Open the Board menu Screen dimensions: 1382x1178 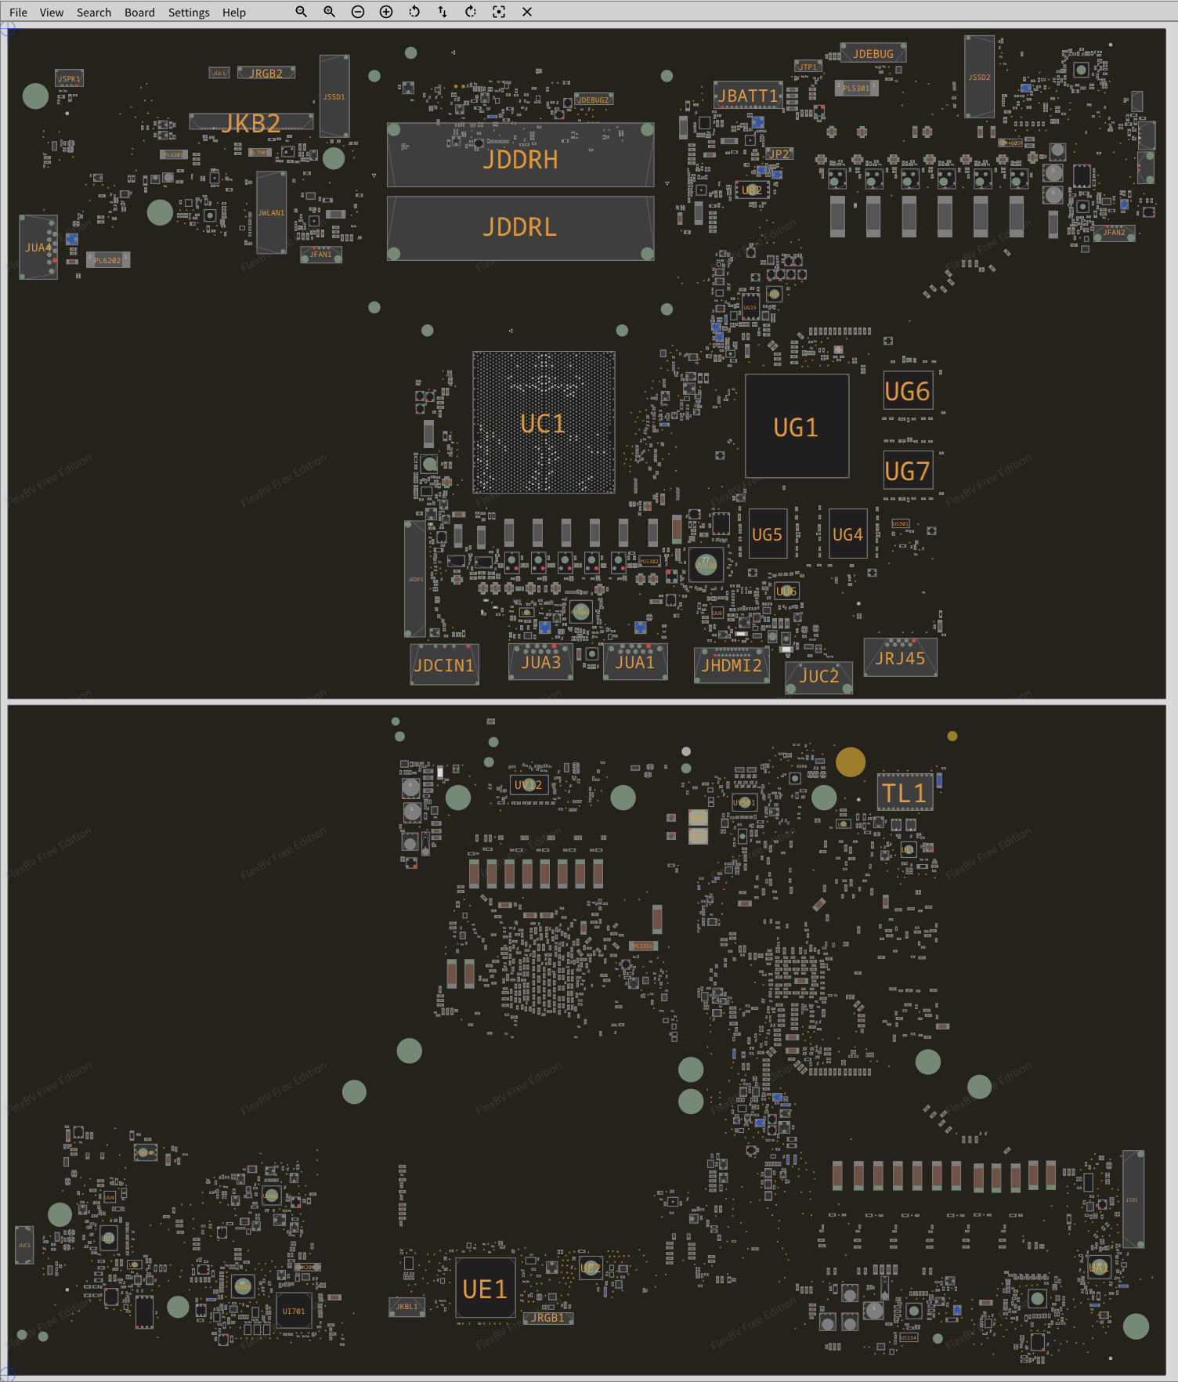coord(139,13)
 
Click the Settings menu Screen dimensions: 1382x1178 coord(189,13)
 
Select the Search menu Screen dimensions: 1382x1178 coord(94,13)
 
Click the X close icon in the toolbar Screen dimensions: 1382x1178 coord(527,12)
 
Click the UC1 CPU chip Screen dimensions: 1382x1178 coord(543,423)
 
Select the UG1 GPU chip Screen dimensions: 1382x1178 coord(796,426)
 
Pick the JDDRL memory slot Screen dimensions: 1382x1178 coord(520,228)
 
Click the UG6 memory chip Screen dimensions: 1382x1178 coord(907,391)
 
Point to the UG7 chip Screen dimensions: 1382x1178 coord(907,471)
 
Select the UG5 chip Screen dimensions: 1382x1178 coord(767,534)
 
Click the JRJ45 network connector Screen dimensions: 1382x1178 coord(900,657)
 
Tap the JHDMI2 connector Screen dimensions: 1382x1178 coord(732,665)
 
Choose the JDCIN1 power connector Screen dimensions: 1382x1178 coord(444,665)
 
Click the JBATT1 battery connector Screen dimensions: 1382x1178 coord(748,96)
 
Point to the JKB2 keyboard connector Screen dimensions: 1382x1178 coord(251,122)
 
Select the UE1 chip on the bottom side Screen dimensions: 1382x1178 coord(485,1289)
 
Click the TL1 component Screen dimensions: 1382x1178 coord(905,793)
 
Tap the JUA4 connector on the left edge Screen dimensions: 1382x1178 coord(38,248)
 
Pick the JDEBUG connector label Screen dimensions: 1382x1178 coord(873,53)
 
